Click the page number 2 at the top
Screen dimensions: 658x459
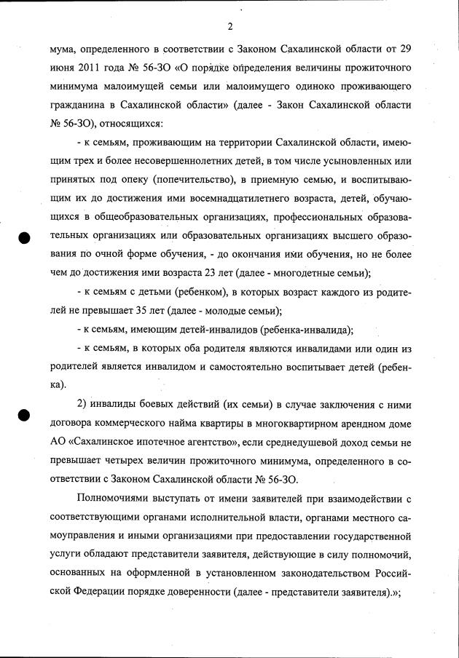click(229, 28)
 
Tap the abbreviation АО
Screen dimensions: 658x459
click(58, 442)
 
